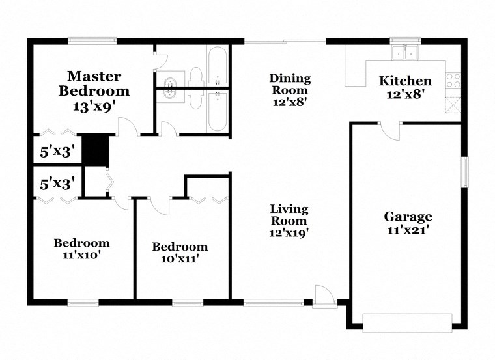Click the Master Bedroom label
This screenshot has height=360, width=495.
point(94,84)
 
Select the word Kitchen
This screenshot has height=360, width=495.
point(405,81)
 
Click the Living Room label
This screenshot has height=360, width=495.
point(290,215)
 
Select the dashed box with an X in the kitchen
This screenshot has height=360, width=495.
point(453,104)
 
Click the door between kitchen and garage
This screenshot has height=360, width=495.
point(391,130)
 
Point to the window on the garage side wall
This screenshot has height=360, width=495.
point(465,173)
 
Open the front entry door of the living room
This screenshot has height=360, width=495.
point(324,296)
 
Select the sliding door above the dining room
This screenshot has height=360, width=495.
point(285,42)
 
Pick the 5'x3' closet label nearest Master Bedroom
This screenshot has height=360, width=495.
point(58,152)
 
